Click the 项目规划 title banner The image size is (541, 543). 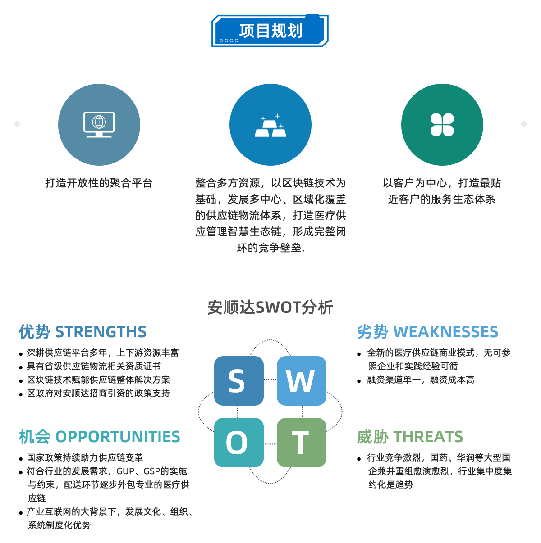pyautogui.click(x=270, y=31)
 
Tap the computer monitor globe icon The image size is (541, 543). pyautogui.click(x=99, y=124)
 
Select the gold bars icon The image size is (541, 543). pyautogui.click(x=270, y=126)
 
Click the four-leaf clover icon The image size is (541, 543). pyautogui.click(x=442, y=125)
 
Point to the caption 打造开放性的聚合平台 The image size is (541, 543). pyautogui.click(x=99, y=183)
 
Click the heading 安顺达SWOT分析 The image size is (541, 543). pyautogui.click(x=270, y=308)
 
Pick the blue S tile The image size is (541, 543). pyautogui.click(x=238, y=381)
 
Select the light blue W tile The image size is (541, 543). pyautogui.click(x=301, y=381)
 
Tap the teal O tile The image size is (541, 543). pyautogui.click(x=238, y=442)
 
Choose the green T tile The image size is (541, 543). pyautogui.click(x=301, y=442)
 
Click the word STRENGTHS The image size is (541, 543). pyautogui.click(x=101, y=332)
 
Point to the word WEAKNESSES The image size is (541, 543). pyautogui.click(x=445, y=332)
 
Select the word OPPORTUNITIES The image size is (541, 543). pyautogui.click(x=118, y=437)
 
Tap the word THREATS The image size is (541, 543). pyautogui.click(x=428, y=437)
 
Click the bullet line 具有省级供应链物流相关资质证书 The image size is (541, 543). pyautogui.click(x=94, y=367)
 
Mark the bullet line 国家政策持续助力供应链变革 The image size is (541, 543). pyautogui.click(x=85, y=458)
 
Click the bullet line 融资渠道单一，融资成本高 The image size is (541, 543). pyautogui.click(x=421, y=380)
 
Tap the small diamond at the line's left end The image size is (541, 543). pyautogui.click(x=17, y=124)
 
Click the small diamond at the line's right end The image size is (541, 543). pyautogui.click(x=523, y=124)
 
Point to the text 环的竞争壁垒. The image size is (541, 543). pyautogui.click(x=270, y=248)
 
